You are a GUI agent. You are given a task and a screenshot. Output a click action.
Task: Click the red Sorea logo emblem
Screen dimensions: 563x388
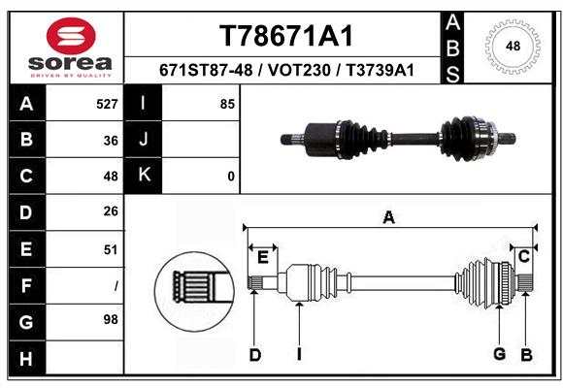coord(71,36)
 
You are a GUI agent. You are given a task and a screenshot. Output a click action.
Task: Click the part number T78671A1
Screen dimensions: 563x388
coord(286,36)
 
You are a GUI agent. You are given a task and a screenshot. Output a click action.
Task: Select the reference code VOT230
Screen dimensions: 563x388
coord(299,70)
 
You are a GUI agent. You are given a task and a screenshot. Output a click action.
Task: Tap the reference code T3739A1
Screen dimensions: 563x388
coord(380,70)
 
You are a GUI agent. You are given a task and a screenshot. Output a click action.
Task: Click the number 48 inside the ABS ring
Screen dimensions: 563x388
coord(513,46)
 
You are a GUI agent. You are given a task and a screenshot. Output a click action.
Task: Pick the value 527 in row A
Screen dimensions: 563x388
coord(107,104)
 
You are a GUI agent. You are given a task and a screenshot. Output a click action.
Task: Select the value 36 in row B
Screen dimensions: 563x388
coord(111,141)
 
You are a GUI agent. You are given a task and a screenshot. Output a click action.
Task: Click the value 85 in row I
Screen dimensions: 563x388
coord(227,104)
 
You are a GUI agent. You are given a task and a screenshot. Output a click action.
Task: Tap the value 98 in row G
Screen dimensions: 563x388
coord(111,319)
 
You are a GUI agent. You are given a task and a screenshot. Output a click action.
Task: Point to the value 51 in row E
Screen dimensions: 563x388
coord(111,249)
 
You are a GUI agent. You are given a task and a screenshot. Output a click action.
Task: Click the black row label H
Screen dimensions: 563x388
coord(27,358)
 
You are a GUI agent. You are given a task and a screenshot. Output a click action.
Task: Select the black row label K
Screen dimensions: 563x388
coord(144,176)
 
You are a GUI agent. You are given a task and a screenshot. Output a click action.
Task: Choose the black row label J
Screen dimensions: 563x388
coord(144,140)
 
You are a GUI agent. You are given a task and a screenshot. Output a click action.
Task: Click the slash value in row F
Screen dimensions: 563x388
coord(116,286)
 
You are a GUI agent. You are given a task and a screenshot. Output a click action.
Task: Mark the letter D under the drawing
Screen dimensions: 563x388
coord(255,355)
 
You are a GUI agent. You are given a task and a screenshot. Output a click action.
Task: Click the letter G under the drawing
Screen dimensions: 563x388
coord(500,354)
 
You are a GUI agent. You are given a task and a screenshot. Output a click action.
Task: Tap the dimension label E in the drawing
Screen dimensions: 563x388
coord(263,257)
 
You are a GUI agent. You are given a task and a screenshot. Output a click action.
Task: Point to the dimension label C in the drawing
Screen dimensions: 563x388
coord(524,256)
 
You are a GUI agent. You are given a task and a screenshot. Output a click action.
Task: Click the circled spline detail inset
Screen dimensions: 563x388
coord(194,291)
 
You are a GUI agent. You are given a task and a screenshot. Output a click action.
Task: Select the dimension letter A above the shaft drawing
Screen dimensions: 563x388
coord(389,217)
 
